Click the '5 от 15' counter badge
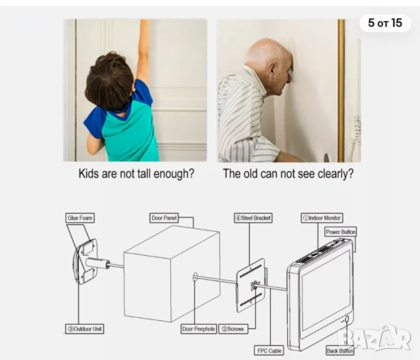click(x=385, y=23)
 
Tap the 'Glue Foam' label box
click(x=80, y=217)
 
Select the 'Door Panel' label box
click(x=164, y=217)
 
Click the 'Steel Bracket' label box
click(x=253, y=217)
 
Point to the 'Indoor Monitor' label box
click(x=322, y=217)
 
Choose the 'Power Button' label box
click(x=340, y=232)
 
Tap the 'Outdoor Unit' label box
click(x=85, y=328)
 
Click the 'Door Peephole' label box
click(x=199, y=328)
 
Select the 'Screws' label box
click(x=233, y=328)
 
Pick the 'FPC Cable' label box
click(x=269, y=351)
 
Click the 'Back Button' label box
click(x=340, y=351)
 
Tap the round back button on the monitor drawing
click(x=346, y=319)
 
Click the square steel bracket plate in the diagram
click(x=250, y=286)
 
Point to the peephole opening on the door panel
click(x=195, y=277)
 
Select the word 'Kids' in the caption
click(x=88, y=173)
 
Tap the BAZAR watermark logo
click(x=374, y=338)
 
